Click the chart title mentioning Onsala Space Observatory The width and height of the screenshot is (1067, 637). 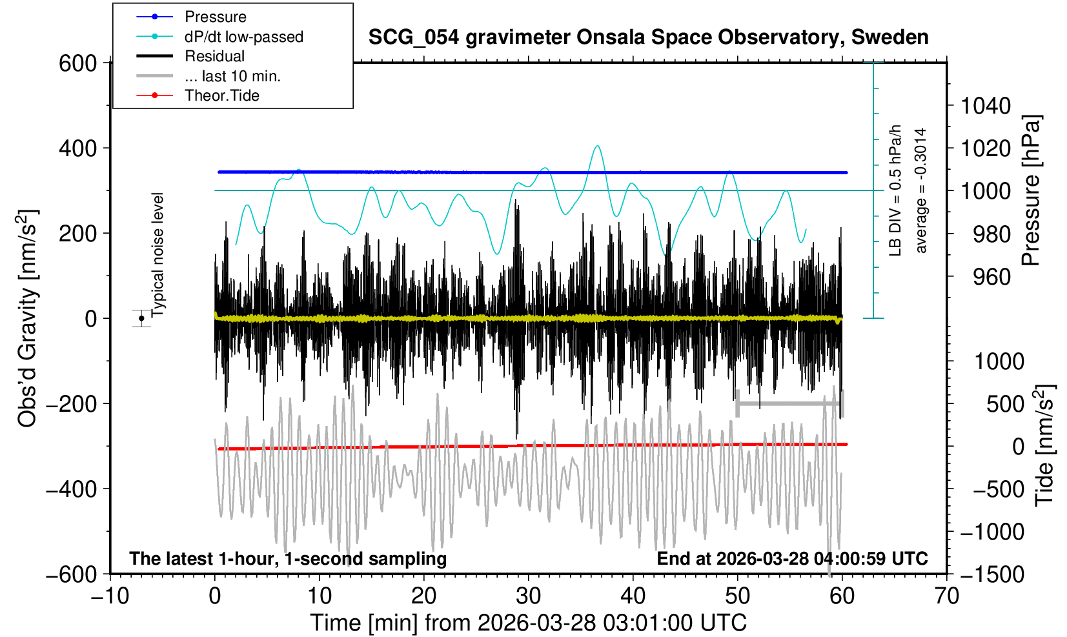pos(648,37)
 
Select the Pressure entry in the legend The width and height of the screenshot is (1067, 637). pos(216,17)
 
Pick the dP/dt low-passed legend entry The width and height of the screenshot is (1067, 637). pos(243,37)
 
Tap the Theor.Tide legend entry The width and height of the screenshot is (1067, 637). pos(221,96)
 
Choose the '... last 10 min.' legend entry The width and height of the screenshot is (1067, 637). pos(232,76)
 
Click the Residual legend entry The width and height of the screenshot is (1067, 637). pos(214,56)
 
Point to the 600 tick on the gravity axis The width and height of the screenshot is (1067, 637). pos(77,63)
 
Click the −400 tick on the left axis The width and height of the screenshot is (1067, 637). pos(71,489)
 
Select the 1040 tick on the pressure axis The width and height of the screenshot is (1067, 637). pos(986,105)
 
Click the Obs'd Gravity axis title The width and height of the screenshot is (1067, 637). pos(27,318)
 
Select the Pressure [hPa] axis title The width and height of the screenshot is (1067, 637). pos(1031,190)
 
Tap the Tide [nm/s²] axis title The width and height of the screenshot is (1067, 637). pos(1044,445)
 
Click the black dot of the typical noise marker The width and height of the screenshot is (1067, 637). pos(141,318)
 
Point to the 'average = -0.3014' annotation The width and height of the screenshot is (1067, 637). pos(921,190)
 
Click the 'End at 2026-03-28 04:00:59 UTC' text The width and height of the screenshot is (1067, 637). pos(792,558)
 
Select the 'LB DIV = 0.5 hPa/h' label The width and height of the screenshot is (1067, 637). pos(895,190)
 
